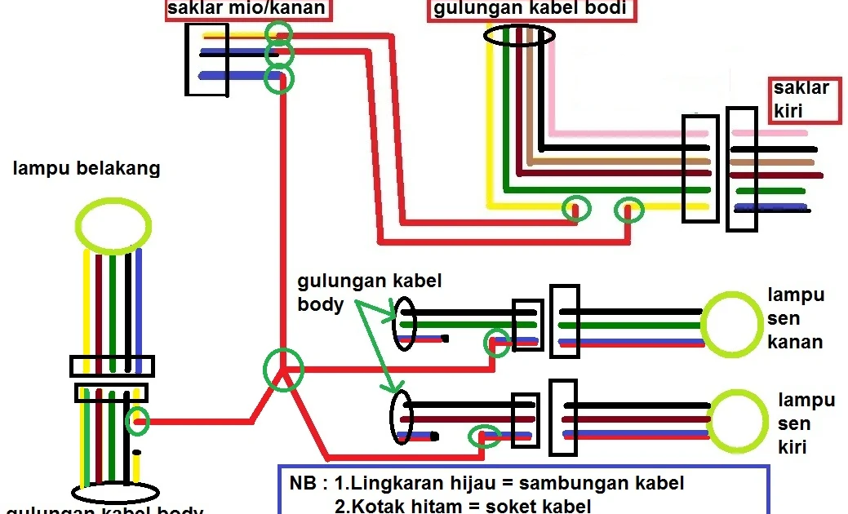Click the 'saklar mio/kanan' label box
tap(248, 10)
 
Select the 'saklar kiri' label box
tap(804, 100)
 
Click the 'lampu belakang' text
tap(86, 169)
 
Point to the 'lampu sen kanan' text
tap(795, 318)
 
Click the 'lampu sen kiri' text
tap(805, 423)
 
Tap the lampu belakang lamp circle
tap(113, 223)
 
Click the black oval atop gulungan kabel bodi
tap(519, 36)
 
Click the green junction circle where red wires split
tap(283, 370)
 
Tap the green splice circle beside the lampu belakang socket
tap(139, 421)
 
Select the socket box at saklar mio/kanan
tap(206, 60)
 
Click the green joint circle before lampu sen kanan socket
tap(496, 343)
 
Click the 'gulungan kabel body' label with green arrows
tap(357, 293)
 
